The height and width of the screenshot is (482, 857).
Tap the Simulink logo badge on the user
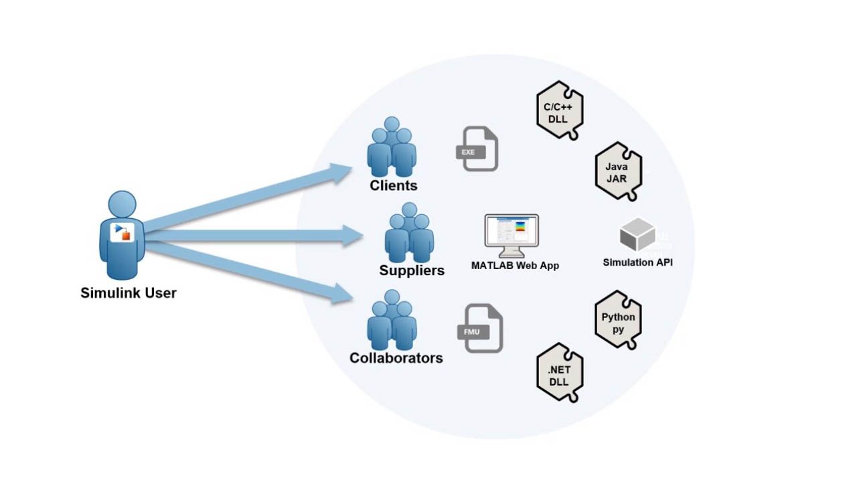(x=122, y=232)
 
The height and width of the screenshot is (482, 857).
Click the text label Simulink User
(x=129, y=293)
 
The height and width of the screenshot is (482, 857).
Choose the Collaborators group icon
(x=392, y=319)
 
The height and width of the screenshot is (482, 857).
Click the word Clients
(x=394, y=185)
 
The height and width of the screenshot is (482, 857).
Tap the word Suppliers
(x=412, y=270)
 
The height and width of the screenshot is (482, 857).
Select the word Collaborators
(x=396, y=357)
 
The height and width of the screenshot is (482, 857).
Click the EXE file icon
(x=477, y=149)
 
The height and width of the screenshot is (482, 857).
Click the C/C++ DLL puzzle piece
(x=560, y=110)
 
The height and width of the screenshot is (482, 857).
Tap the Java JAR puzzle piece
(x=618, y=171)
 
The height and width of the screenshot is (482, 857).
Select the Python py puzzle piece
(x=618, y=321)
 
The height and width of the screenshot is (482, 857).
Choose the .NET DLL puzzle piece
(x=560, y=375)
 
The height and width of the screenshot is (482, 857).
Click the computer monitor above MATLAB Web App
(x=512, y=235)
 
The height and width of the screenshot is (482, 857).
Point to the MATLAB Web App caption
(x=515, y=266)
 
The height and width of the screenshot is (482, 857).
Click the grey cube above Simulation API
(x=637, y=235)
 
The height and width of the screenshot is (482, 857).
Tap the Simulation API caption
(x=637, y=262)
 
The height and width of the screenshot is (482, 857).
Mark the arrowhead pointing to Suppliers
(x=351, y=235)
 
